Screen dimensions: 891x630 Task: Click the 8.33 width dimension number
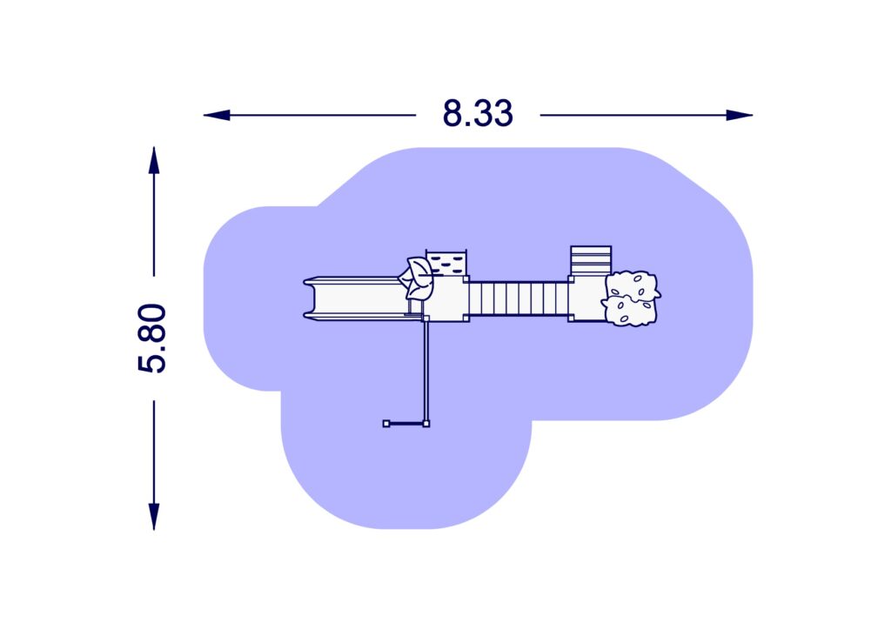point(478,113)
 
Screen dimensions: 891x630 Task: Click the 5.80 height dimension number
point(152,338)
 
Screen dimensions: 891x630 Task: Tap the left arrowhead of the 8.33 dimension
point(217,116)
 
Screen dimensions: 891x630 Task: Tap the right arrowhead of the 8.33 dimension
point(740,116)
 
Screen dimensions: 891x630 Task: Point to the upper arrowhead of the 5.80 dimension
point(154,160)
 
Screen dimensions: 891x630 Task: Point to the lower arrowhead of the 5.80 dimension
point(154,516)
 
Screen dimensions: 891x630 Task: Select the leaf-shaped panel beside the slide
point(417,278)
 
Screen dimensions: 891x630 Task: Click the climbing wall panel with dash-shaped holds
point(446,263)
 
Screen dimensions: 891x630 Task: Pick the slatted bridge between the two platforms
point(519,298)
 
